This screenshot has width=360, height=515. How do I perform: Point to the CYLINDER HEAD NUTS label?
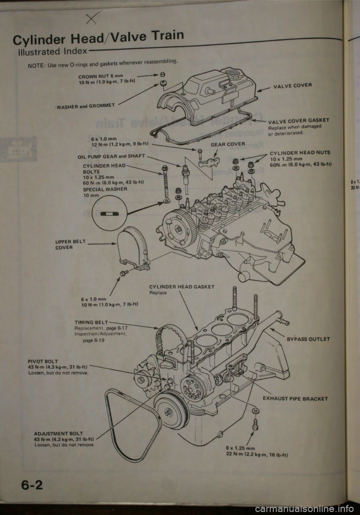300,153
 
